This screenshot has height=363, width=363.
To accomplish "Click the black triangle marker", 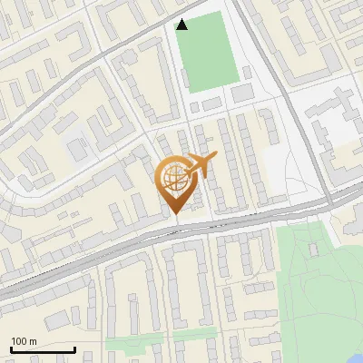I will [182, 25].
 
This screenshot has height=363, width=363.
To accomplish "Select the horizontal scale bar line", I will [43, 349].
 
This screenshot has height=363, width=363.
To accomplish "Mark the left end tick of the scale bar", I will [11, 348].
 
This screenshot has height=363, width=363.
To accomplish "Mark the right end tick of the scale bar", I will [74, 348].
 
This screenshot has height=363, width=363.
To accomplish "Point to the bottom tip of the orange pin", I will [175, 214].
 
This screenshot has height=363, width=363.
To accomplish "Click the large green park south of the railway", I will [313, 281].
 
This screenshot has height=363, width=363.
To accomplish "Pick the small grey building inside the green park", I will [314, 247].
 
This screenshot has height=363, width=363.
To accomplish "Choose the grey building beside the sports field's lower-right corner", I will [242, 93].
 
